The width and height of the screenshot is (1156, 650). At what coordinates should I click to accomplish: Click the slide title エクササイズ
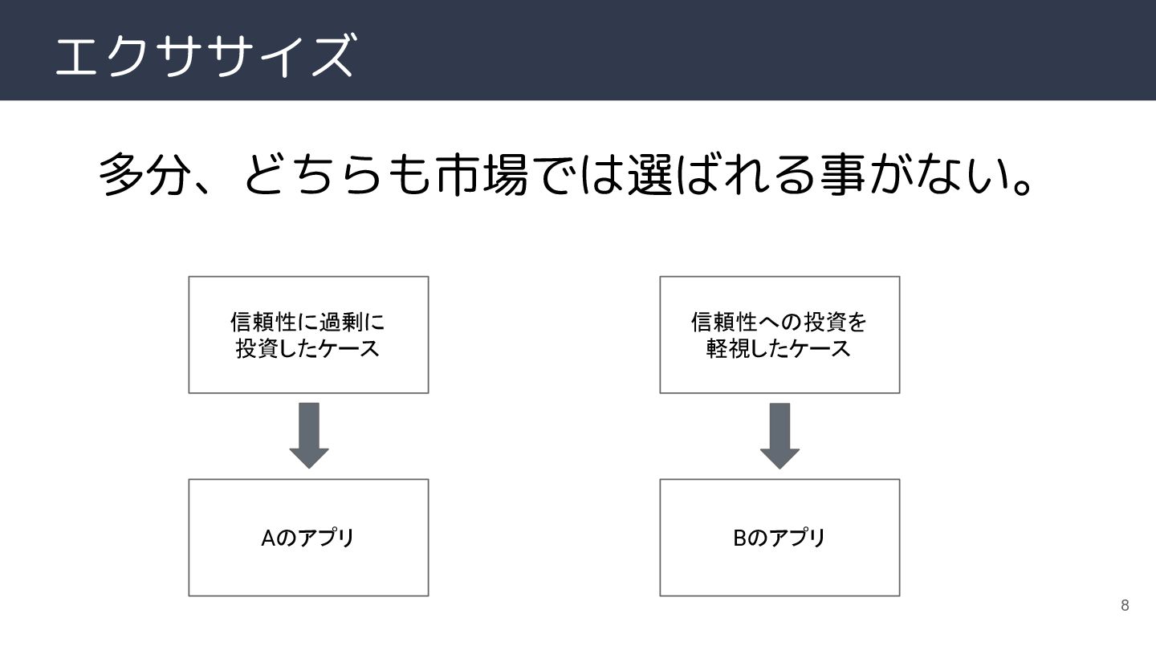pos(204,55)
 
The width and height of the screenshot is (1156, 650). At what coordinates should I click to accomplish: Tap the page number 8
pos(1125,605)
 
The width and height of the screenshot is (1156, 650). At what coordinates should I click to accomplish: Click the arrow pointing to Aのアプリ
pos(308,434)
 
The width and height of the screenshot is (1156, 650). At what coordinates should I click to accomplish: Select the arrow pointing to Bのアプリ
pos(779,434)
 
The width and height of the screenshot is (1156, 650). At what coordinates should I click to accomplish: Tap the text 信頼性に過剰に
pos(308,323)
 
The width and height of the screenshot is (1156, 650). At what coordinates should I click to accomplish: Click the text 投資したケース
pos(308,349)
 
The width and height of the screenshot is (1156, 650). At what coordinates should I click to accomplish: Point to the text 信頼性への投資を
pos(779,323)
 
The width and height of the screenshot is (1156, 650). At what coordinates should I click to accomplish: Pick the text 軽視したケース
pos(779,349)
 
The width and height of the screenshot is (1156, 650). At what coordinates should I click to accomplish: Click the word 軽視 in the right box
pos(729,349)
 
